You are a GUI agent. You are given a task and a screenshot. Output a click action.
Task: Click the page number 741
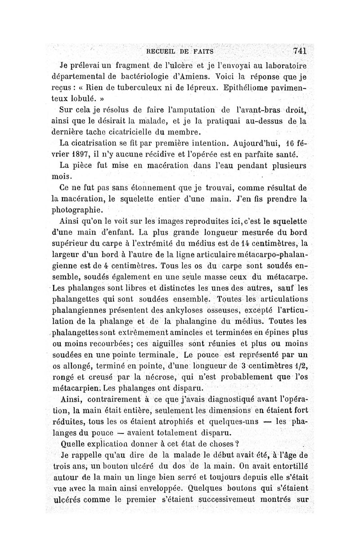(299, 50)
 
